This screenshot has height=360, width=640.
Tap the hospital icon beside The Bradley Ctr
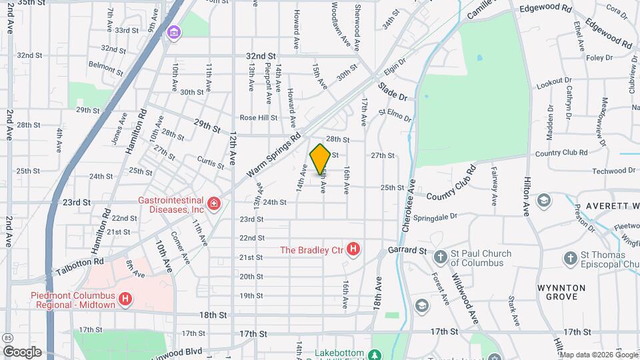(353, 250)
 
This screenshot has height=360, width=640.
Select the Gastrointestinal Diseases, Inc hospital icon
(214, 204)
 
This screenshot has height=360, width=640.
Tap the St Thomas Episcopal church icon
(570, 257)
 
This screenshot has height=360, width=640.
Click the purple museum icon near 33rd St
(174, 32)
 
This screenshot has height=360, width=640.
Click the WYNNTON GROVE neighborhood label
(561, 292)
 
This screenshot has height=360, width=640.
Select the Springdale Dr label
(435, 217)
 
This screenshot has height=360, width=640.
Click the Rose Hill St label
(259, 117)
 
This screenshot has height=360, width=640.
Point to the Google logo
(22, 352)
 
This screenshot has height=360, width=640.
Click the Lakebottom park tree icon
(375, 353)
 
